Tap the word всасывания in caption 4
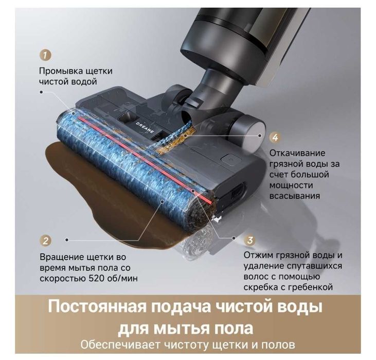tap(295, 196)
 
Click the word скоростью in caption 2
tap(63, 279)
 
